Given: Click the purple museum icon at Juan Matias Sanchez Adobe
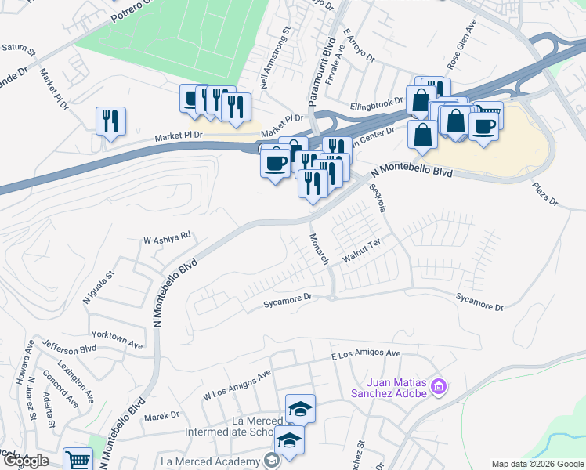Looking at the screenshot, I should pos(439,386).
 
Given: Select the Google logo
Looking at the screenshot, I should pos(25,461).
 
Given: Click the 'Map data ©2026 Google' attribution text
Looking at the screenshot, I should pos(537,464).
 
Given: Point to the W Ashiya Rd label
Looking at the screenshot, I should pos(167,235).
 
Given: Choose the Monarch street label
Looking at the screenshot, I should pos(320,248).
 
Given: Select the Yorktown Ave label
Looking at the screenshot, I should pos(117,340).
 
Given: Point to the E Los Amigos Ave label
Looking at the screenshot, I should pos(366,354).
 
